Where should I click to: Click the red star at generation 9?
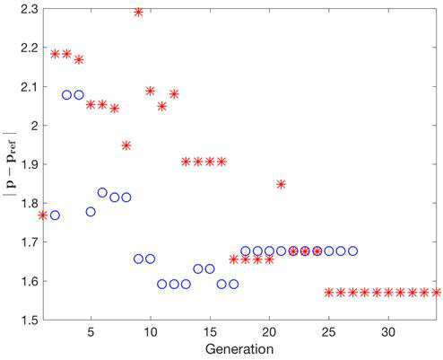pyautogui.click(x=138, y=13)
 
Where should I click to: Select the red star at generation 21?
pyautogui.click(x=281, y=184)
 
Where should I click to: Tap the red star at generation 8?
pyautogui.click(x=126, y=145)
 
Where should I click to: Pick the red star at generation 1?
pyautogui.click(x=43, y=215)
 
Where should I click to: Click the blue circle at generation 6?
pyautogui.click(x=102, y=193)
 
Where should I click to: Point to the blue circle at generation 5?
pyautogui.click(x=91, y=212)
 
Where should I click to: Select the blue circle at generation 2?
pyautogui.click(x=55, y=215)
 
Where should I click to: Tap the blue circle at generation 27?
pyautogui.click(x=352, y=251)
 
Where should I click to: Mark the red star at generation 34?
pyautogui.click(x=436, y=293)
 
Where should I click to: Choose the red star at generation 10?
pyautogui.click(x=151, y=91)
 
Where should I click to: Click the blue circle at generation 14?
pyautogui.click(x=198, y=268)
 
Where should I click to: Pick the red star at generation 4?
pyautogui.click(x=79, y=60)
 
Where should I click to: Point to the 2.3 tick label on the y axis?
pyautogui.click(x=29, y=10)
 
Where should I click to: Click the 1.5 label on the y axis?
pyautogui.click(x=29, y=320)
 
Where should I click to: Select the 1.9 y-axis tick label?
pyautogui.click(x=29, y=164)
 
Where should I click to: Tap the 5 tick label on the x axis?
pyautogui.click(x=91, y=332)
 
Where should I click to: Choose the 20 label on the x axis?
pyautogui.click(x=269, y=332)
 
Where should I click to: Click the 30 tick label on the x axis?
pyautogui.click(x=388, y=332)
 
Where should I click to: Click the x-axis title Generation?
pyautogui.click(x=239, y=349)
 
